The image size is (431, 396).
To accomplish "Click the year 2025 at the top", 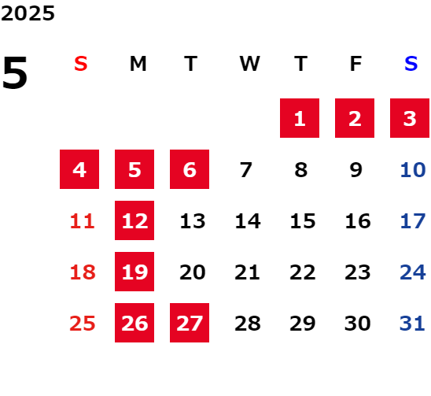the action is pyautogui.click(x=28, y=13).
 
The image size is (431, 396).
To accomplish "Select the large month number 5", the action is pyautogui.click(x=15, y=72).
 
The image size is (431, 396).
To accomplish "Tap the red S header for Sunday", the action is pyautogui.click(x=81, y=64).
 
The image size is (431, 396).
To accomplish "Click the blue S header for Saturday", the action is pyautogui.click(x=411, y=64).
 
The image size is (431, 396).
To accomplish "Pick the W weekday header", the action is pyautogui.click(x=249, y=64).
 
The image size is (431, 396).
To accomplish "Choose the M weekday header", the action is pyautogui.click(x=138, y=64).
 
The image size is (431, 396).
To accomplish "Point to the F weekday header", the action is pyautogui.click(x=356, y=64).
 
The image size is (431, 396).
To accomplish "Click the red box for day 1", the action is pyautogui.click(x=300, y=118).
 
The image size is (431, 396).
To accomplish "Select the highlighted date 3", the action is pyautogui.click(x=410, y=118).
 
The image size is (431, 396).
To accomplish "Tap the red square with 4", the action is pyautogui.click(x=79, y=169).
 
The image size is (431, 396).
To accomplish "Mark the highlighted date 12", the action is pyautogui.click(x=134, y=220).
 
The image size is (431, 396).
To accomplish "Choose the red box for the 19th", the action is pyautogui.click(x=134, y=272).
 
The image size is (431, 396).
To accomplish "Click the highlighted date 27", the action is pyautogui.click(x=190, y=323).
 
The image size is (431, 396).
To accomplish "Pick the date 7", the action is pyautogui.click(x=246, y=170).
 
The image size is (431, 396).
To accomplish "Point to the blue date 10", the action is pyautogui.click(x=413, y=170).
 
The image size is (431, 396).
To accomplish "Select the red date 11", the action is pyautogui.click(x=83, y=221).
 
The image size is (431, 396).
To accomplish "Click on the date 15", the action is pyautogui.click(x=303, y=221).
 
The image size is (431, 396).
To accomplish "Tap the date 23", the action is pyautogui.click(x=358, y=272).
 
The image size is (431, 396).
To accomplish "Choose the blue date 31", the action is pyautogui.click(x=412, y=324).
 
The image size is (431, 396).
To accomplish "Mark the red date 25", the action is pyautogui.click(x=83, y=324).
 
